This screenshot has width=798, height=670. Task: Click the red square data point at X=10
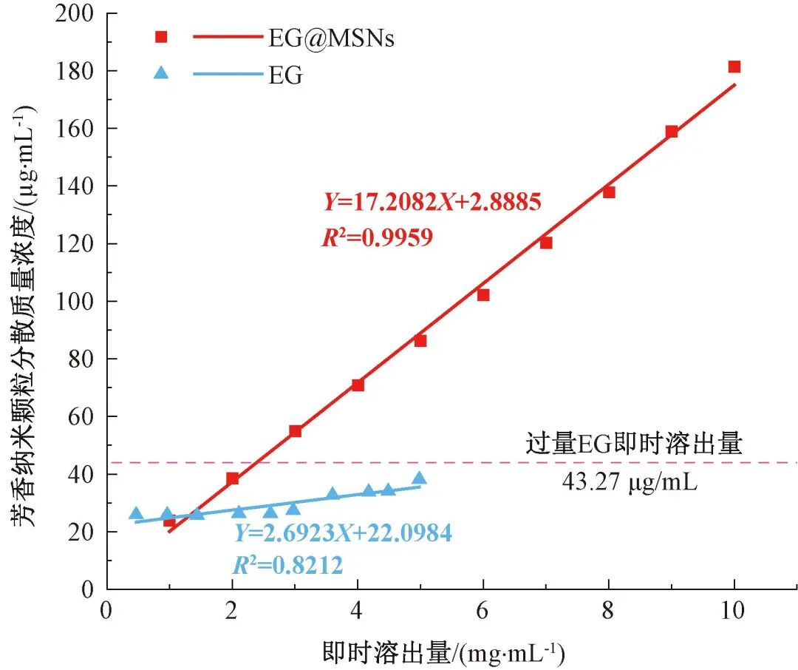(734, 67)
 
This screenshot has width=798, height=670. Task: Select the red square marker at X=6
(483, 294)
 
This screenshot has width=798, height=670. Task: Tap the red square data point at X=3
(295, 431)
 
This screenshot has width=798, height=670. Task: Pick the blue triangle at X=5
(420, 478)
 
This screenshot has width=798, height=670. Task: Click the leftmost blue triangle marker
(136, 513)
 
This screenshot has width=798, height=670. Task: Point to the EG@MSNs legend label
(331, 38)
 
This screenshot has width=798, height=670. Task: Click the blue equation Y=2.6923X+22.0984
(343, 532)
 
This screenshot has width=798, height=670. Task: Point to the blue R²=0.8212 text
(288, 566)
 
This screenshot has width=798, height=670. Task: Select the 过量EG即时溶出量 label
(633, 445)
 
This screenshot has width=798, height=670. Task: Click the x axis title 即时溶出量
(443, 652)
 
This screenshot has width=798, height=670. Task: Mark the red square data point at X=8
(609, 192)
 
